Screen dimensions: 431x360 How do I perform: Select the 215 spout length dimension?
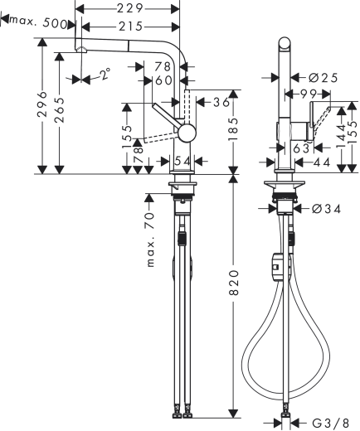tap(128, 27)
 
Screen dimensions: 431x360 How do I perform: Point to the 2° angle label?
tap(103, 75)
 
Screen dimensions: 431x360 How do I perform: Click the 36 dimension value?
tap(220, 103)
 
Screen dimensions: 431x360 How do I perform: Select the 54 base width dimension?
tap(183, 159)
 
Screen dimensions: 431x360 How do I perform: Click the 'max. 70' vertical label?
tap(151, 240)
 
